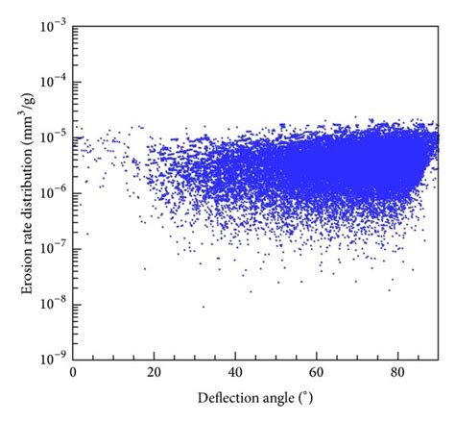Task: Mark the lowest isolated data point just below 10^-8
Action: [203, 307]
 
